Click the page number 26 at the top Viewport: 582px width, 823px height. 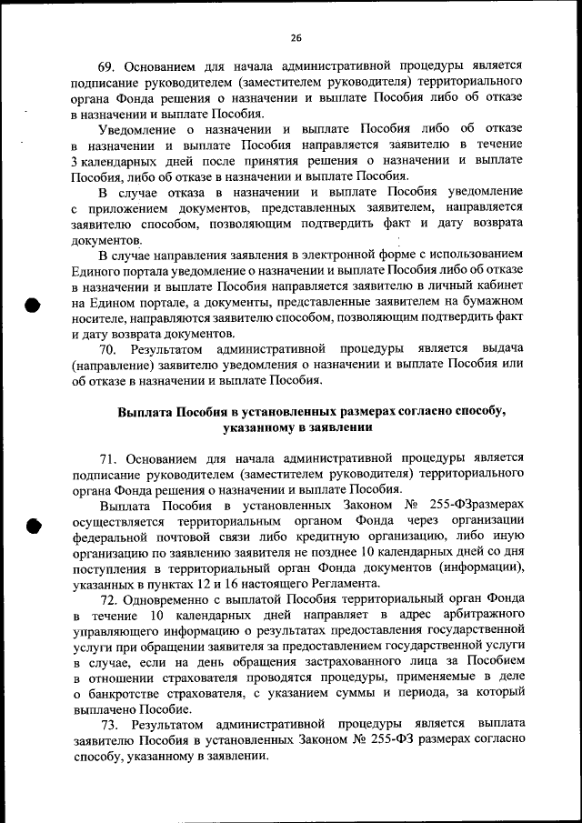(x=296, y=37)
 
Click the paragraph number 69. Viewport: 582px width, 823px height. (x=106, y=67)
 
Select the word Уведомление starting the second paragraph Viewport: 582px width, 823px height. (x=140, y=129)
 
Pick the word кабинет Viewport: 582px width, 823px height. (x=497, y=285)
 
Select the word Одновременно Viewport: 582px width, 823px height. (x=170, y=599)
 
